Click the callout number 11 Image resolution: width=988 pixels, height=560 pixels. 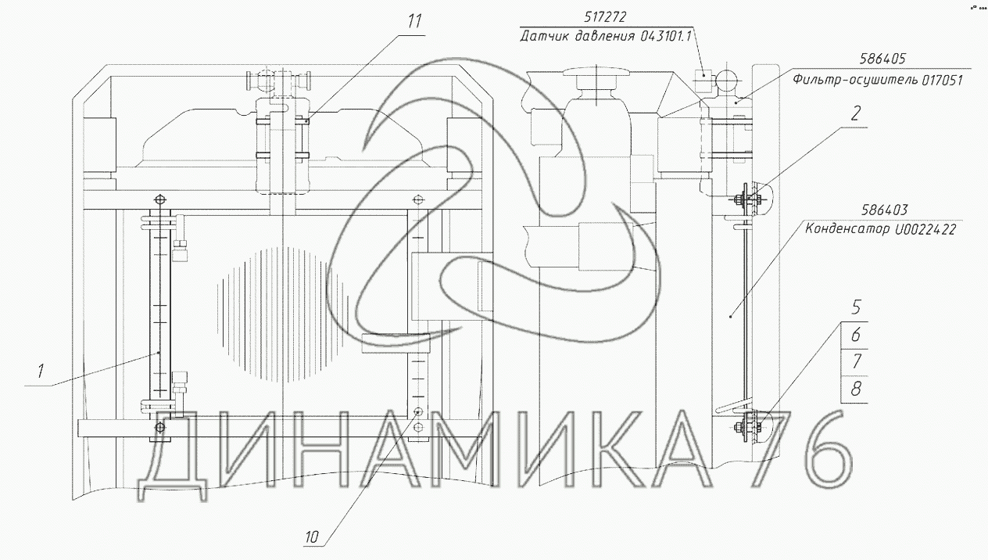[414, 21]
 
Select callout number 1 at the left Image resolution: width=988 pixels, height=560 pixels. [41, 372]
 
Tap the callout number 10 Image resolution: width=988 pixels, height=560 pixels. [311, 537]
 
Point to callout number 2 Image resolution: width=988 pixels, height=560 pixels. [855, 113]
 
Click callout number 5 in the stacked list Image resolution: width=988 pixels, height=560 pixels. [856, 307]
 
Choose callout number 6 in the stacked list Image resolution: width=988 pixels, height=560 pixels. [856, 335]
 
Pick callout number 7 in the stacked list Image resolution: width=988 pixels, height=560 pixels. [856, 362]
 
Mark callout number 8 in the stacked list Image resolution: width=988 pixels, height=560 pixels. [856, 389]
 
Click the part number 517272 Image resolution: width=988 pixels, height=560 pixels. [605, 17]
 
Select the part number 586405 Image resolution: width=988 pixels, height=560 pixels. [882, 59]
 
